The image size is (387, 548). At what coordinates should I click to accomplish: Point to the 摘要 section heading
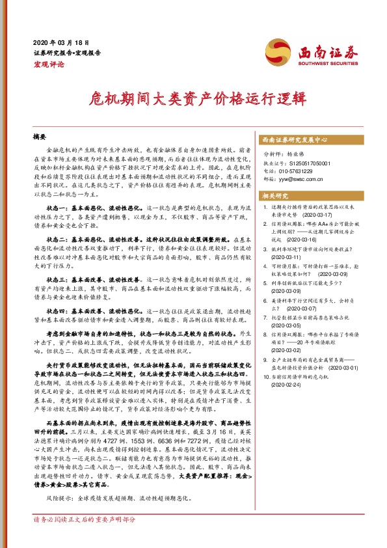click(x=40, y=137)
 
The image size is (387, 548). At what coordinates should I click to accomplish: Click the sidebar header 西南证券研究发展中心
click(x=294, y=140)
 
